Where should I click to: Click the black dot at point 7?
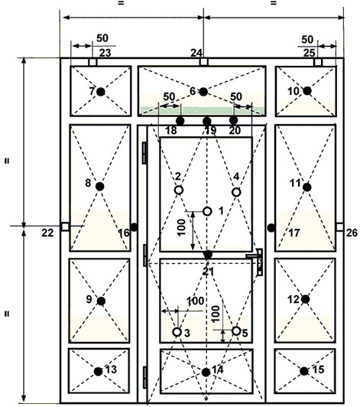tap(101, 92)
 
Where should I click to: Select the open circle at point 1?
tap(207, 211)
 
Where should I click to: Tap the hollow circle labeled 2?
tap(179, 190)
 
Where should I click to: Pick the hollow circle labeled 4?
tap(236, 192)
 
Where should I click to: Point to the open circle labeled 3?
tap(177, 332)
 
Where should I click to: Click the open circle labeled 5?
tap(236, 331)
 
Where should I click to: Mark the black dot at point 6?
tap(203, 92)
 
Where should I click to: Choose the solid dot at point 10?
tap(307, 91)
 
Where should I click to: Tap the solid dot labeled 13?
tap(99, 372)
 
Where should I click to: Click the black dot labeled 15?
tap(304, 371)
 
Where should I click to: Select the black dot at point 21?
tap(208, 255)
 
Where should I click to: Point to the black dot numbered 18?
tap(180, 121)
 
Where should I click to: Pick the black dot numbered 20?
tap(233, 120)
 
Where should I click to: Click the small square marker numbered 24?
tap(203, 62)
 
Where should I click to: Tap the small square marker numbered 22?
tap(65, 226)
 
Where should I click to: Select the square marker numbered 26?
tap(340, 227)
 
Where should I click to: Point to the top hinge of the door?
tap(144, 153)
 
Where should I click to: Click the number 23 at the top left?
tap(105, 53)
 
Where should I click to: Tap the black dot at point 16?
tap(134, 227)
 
